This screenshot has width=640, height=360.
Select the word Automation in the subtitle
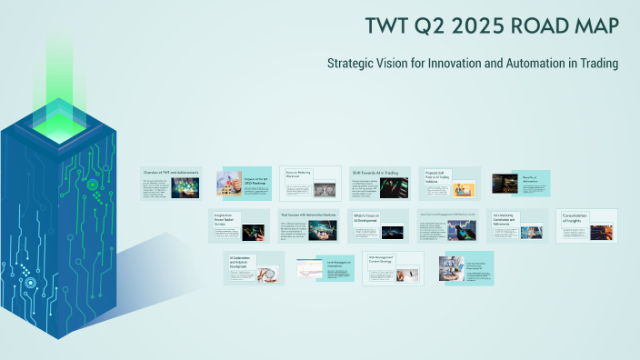[534, 64]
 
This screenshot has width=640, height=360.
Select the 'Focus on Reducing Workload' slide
[310, 183]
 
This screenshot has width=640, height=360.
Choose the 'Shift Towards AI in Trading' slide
[379, 183]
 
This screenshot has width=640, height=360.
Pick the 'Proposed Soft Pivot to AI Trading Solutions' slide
[449, 183]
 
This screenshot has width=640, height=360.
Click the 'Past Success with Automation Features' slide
[310, 225]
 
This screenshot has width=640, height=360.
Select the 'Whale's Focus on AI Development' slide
[379, 225]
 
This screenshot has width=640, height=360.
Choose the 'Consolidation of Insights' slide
[586, 225]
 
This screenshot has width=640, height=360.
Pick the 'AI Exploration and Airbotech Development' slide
[254, 268]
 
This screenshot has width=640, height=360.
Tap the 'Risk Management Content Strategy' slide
[393, 268]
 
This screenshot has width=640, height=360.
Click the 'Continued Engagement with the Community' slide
[449, 225]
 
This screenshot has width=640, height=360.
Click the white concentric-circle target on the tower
[30, 283]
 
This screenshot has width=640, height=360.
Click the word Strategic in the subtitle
[351, 64]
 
